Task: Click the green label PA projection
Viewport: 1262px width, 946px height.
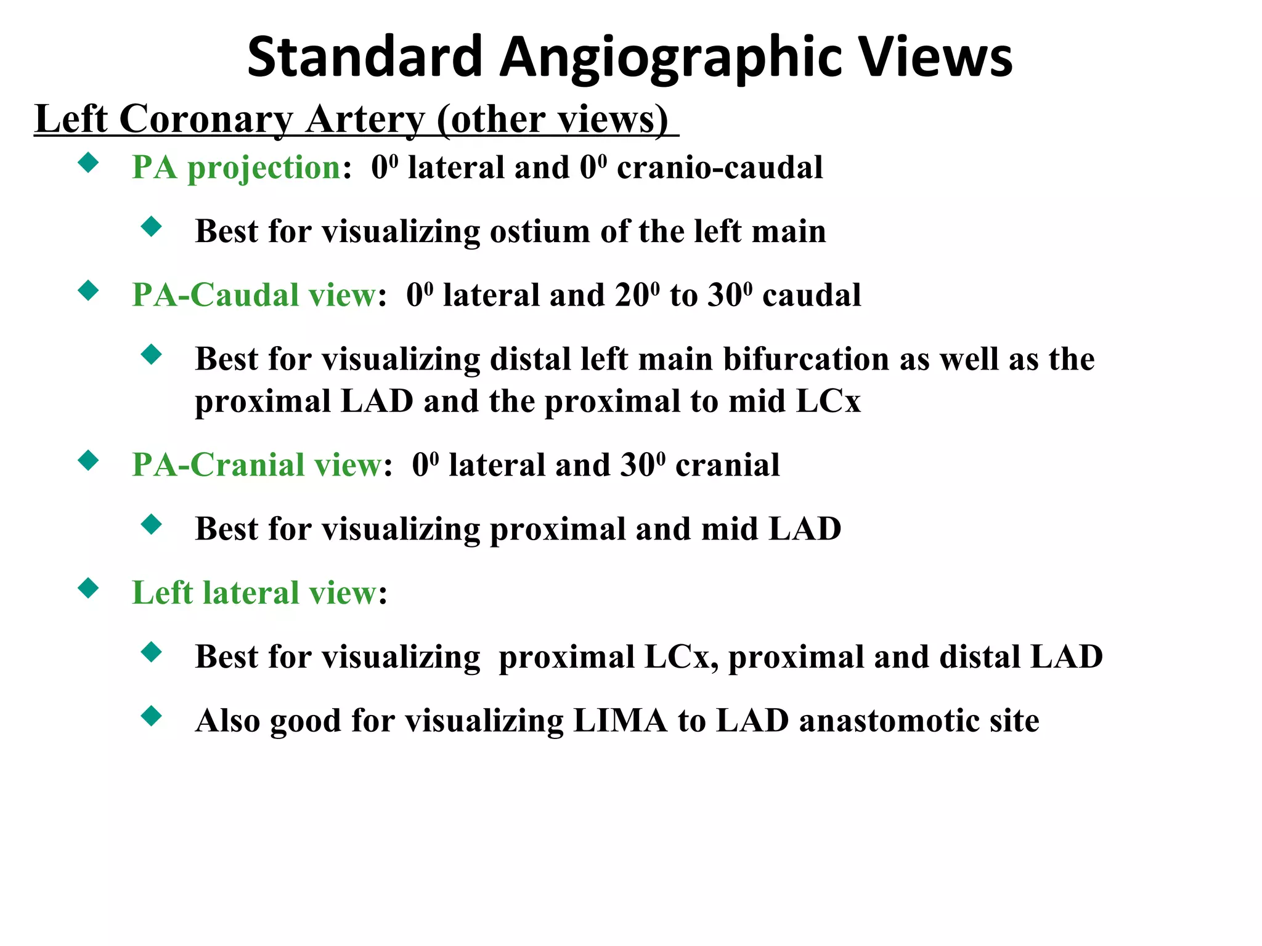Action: click(236, 168)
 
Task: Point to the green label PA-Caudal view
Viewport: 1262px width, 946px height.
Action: click(253, 295)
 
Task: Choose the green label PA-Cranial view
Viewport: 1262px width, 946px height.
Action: click(256, 465)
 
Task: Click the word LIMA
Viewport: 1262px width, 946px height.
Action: click(620, 721)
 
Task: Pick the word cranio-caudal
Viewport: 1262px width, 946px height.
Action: click(720, 168)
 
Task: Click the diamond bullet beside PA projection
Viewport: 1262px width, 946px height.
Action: click(89, 163)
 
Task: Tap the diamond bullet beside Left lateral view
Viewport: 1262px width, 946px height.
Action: click(89, 588)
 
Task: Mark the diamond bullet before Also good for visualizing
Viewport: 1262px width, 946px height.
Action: click(151, 716)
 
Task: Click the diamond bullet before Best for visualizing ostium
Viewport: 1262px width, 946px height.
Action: click(151, 227)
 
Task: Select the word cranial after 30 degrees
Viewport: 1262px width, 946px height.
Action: click(727, 465)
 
